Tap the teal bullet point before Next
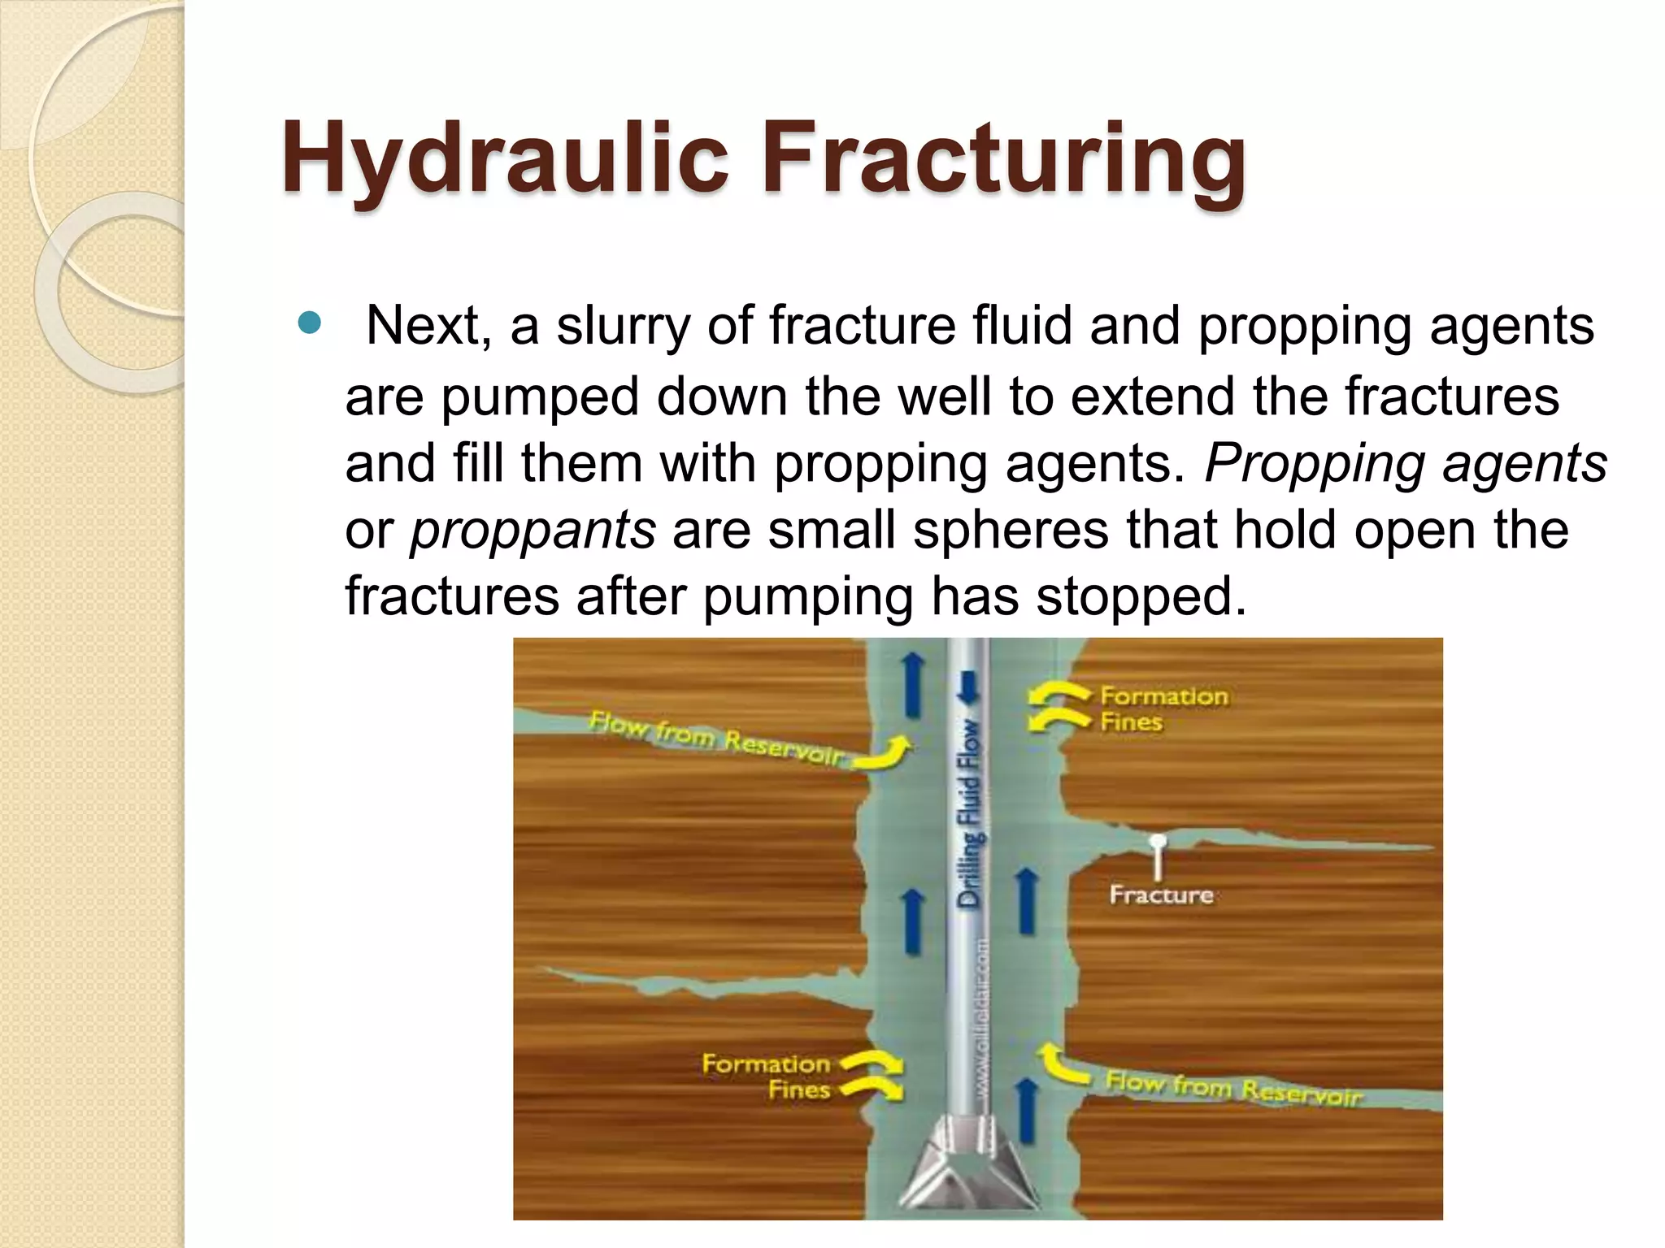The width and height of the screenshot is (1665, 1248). (310, 324)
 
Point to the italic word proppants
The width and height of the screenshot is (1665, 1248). (533, 531)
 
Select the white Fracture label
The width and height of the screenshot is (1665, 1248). (1161, 895)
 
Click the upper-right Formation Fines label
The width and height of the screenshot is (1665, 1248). (1163, 708)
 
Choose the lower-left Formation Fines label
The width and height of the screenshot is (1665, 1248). (766, 1076)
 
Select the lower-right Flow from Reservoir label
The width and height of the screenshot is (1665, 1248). (1232, 1089)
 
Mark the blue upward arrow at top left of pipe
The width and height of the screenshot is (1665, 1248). (914, 687)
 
